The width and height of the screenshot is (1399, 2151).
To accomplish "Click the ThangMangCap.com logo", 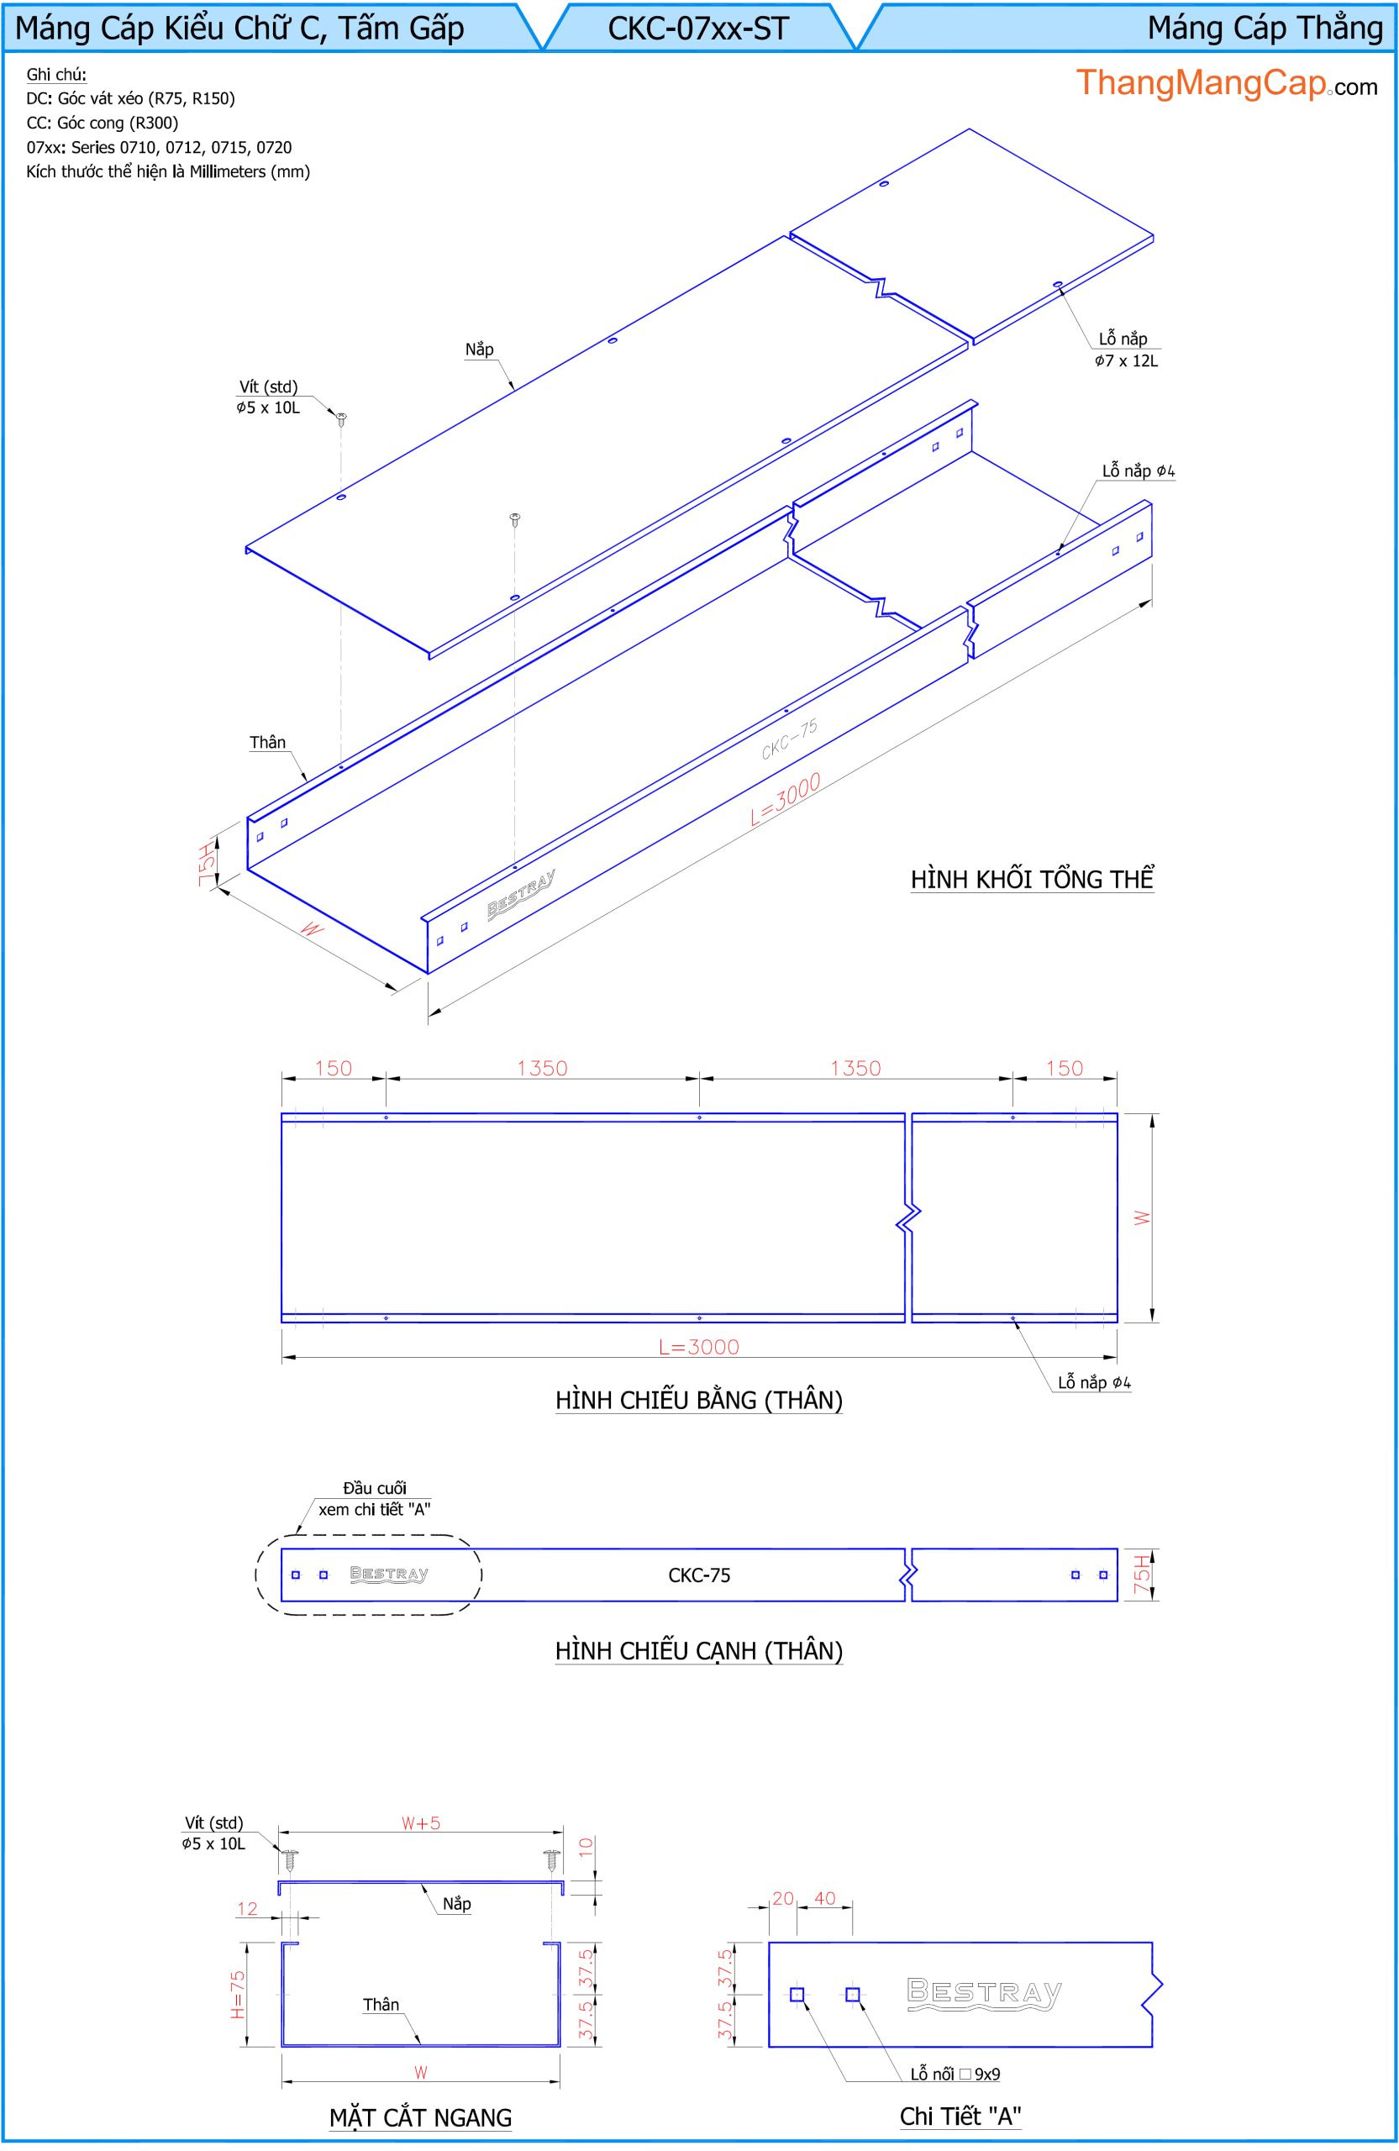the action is [1227, 84].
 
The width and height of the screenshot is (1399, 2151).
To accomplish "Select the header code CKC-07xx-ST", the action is [698, 29].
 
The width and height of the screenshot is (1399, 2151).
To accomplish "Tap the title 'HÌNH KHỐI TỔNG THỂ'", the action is [1032, 879].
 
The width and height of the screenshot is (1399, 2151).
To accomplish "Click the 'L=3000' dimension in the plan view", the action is [698, 1347].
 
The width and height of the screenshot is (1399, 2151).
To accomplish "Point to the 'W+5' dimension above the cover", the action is [421, 1823].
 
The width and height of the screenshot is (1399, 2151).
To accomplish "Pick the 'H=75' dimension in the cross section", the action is [237, 1995].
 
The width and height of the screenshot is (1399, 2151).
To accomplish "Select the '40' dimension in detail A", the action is [825, 1898].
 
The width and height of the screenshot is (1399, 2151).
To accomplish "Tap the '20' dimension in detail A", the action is [782, 1898].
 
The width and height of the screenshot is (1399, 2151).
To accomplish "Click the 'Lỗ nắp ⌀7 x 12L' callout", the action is [1125, 350].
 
